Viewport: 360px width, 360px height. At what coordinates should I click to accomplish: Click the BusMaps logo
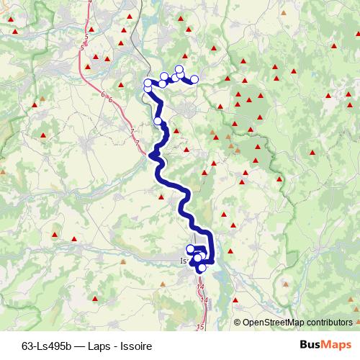click(325, 345)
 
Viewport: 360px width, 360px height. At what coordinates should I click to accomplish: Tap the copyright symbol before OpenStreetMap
click(238, 322)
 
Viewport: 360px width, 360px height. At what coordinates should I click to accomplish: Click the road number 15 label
click(200, 328)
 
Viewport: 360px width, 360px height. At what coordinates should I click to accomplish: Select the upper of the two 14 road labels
click(200, 287)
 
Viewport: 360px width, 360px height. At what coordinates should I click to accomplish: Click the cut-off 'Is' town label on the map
click(182, 261)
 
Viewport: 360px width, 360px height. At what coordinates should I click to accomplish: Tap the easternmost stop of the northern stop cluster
click(194, 79)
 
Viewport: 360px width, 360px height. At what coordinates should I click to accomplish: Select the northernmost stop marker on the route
click(179, 69)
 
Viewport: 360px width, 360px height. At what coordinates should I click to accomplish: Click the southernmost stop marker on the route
click(202, 268)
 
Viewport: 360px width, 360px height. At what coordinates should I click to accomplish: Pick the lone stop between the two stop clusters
click(158, 121)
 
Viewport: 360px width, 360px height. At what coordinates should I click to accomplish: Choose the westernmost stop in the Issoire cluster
click(190, 249)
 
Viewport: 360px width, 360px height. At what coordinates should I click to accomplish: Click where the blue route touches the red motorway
click(154, 153)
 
